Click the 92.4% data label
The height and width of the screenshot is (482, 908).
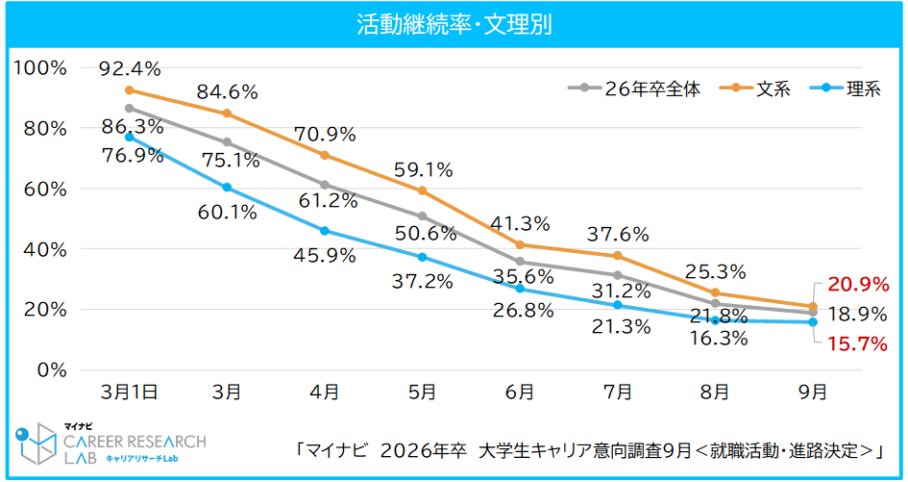point(129,68)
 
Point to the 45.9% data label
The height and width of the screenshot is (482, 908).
point(324,256)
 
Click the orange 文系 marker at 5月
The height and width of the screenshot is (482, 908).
point(423,190)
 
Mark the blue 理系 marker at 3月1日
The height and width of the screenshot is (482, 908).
point(130,137)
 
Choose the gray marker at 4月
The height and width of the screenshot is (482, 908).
point(325,185)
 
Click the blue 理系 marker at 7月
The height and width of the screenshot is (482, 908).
point(618,305)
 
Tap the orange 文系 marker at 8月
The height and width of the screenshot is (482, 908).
point(715,292)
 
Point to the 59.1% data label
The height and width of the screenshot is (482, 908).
point(422,170)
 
